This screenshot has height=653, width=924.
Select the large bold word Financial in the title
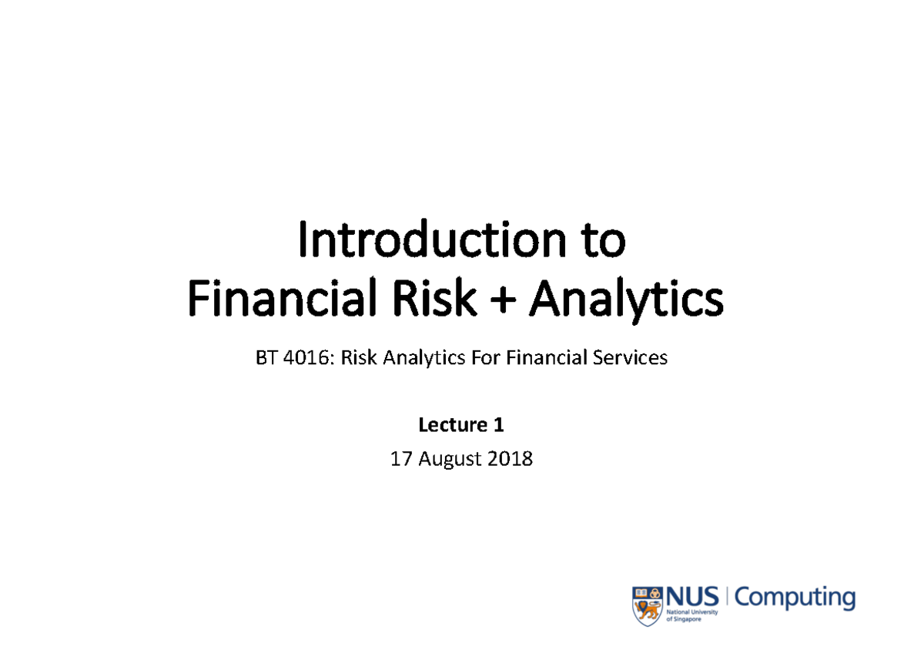(277, 299)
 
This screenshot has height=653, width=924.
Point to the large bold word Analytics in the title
(625, 300)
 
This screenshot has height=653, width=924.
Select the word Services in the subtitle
(629, 358)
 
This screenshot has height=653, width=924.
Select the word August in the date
(452, 460)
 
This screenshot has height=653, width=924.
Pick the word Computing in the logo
(795, 598)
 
